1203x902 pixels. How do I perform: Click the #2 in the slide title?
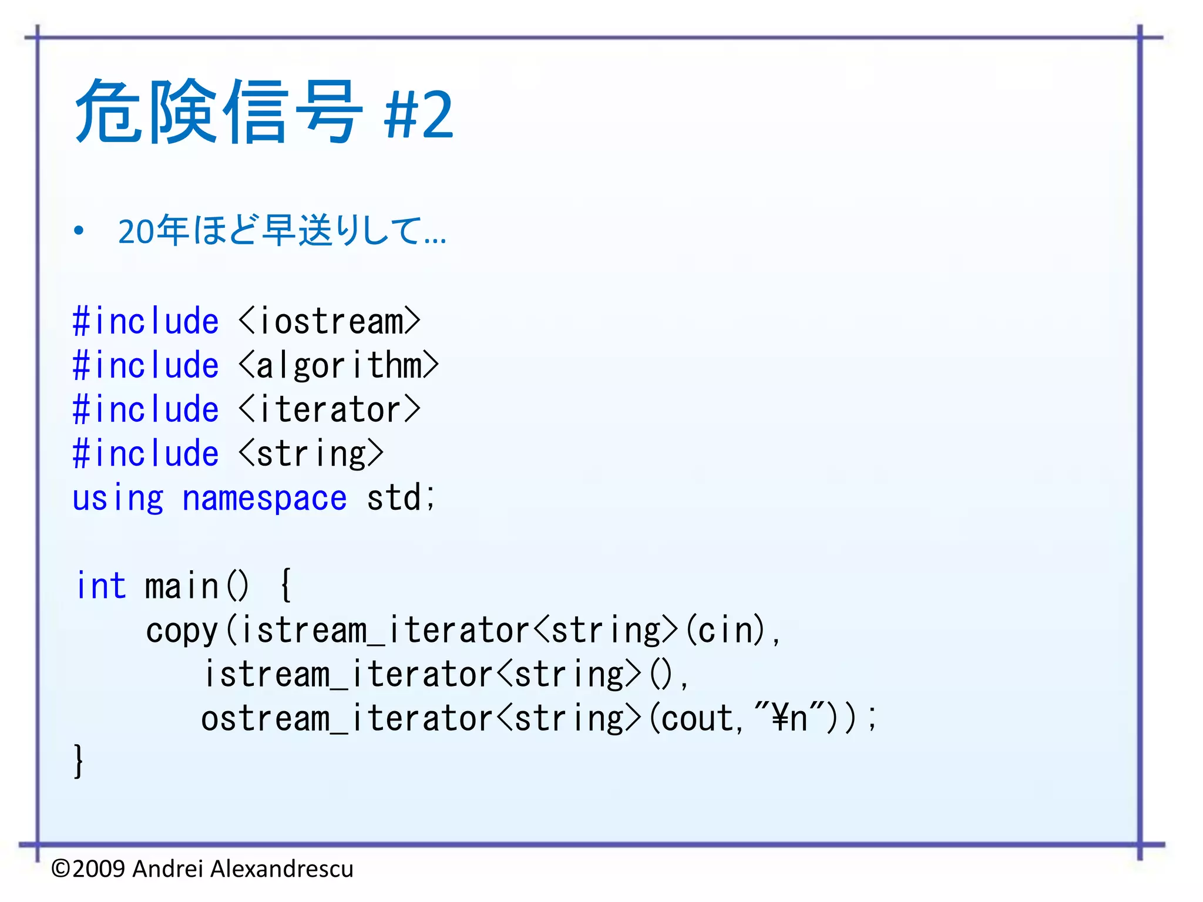pyautogui.click(x=419, y=115)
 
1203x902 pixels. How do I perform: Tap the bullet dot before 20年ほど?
pyautogui.click(x=79, y=231)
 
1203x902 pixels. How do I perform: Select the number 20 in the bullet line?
pyautogui.click(x=136, y=231)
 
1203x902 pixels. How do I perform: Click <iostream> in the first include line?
pyautogui.click(x=330, y=322)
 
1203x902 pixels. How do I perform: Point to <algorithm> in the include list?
pyautogui.click(x=339, y=366)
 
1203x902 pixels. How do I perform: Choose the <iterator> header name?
pyautogui.click(x=330, y=410)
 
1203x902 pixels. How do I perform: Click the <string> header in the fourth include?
pyautogui.click(x=311, y=454)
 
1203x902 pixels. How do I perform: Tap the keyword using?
pyautogui.click(x=117, y=499)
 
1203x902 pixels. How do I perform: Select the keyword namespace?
pyautogui.click(x=264, y=499)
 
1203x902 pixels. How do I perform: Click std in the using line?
pyautogui.click(x=394, y=499)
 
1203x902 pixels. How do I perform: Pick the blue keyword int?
pyautogui.click(x=101, y=586)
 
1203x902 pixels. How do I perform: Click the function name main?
pyautogui.click(x=182, y=586)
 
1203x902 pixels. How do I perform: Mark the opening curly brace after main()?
pyautogui.click(x=285, y=585)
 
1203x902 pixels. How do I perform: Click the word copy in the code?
pyautogui.click(x=182, y=631)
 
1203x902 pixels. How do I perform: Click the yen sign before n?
pyautogui.click(x=779, y=718)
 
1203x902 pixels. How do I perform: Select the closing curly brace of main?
pyautogui.click(x=78, y=762)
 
